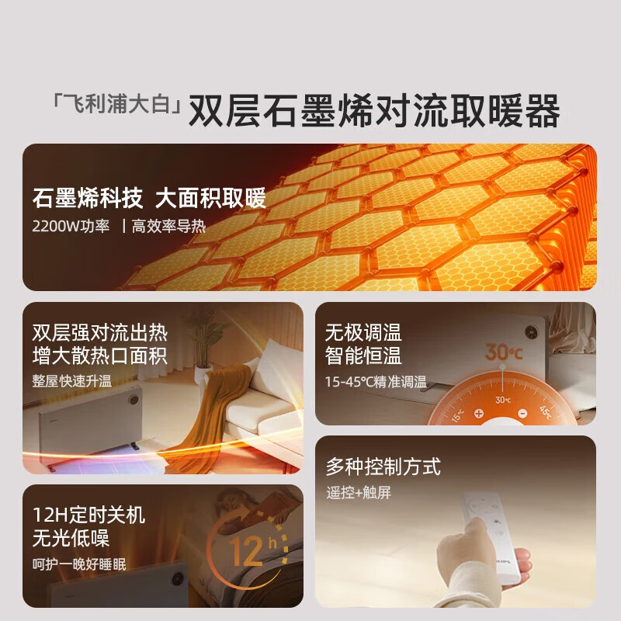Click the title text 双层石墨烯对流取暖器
(x=374, y=110)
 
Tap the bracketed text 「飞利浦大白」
(x=117, y=104)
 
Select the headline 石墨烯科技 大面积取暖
(x=149, y=198)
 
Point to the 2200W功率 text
(x=71, y=226)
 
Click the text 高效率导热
(x=168, y=226)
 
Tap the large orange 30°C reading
(x=503, y=352)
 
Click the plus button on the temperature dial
(x=479, y=414)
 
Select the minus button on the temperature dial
(x=522, y=414)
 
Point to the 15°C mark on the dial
(x=457, y=415)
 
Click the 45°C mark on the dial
(x=546, y=412)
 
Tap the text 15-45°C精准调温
(x=376, y=382)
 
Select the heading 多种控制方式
(x=383, y=467)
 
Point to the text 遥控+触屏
(x=359, y=493)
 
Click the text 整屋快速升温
(x=72, y=381)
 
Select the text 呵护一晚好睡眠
(x=79, y=564)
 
